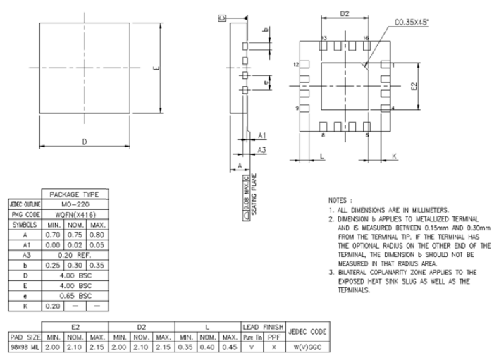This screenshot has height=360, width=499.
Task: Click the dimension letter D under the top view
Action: [x=85, y=142]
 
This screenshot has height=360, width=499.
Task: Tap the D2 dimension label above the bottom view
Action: [x=344, y=13]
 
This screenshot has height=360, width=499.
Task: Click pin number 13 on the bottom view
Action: [x=324, y=37]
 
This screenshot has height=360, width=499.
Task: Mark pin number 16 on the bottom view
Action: [x=366, y=37]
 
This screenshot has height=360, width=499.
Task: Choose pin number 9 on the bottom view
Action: [x=297, y=108]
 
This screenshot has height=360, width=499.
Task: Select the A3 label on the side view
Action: [x=261, y=150]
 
